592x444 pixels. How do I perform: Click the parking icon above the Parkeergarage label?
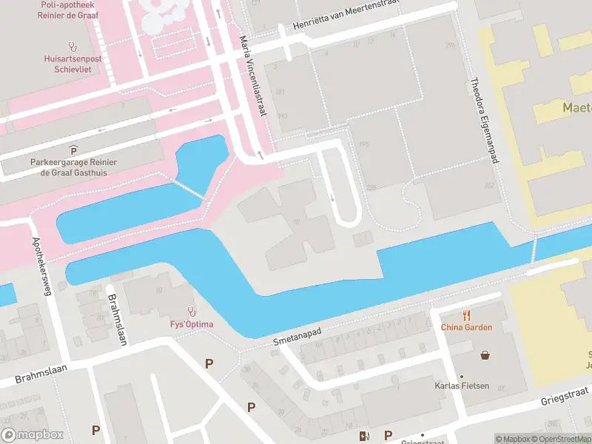[73, 150]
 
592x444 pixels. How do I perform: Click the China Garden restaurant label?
[466, 327]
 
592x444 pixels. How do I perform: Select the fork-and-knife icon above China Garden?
[466, 314]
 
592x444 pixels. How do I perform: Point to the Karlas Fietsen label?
[461, 386]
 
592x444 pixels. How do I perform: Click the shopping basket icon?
[485, 355]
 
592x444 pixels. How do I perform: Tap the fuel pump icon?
[363, 436]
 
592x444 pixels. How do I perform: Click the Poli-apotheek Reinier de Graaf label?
[73, 11]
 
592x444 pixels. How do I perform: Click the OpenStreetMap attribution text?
[560, 439]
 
